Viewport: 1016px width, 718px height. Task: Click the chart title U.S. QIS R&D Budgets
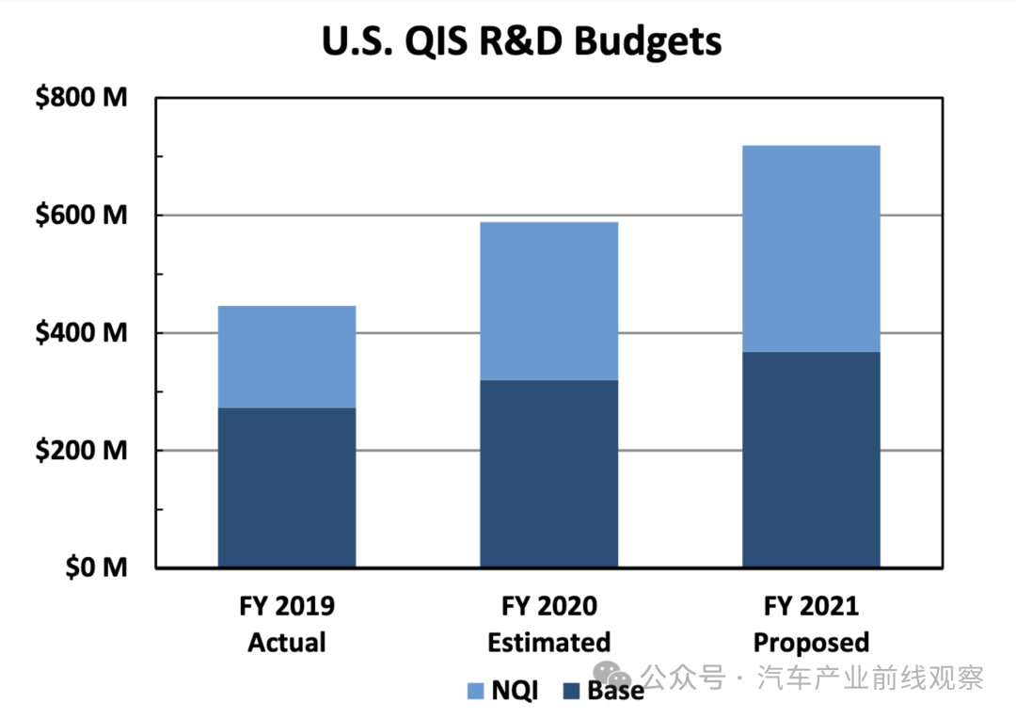pos(521,41)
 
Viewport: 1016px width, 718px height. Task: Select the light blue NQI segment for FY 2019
pos(287,357)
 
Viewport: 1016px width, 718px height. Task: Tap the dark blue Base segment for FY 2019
pos(287,487)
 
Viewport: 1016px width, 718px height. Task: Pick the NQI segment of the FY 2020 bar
pos(548,301)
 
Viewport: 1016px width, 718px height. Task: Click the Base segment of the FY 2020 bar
pos(548,473)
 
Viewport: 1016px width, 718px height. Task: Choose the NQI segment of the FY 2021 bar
pos(811,248)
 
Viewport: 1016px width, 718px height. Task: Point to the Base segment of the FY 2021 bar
pos(811,459)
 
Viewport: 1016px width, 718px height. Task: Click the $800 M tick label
pos(81,98)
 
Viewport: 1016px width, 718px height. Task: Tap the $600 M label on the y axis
pos(81,215)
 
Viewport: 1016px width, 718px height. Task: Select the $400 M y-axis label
pos(81,333)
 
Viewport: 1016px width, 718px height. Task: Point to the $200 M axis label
pos(81,451)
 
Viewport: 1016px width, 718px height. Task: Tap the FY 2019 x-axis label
pos(287,605)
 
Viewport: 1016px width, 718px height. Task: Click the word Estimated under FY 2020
pos(548,643)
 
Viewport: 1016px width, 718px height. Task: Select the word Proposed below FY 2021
pos(811,643)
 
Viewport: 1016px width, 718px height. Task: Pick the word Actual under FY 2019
pos(287,643)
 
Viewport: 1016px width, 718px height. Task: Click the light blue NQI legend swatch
pos(475,692)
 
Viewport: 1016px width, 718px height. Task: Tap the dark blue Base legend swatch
pos(571,692)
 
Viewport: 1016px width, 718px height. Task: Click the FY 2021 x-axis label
pos(811,605)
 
